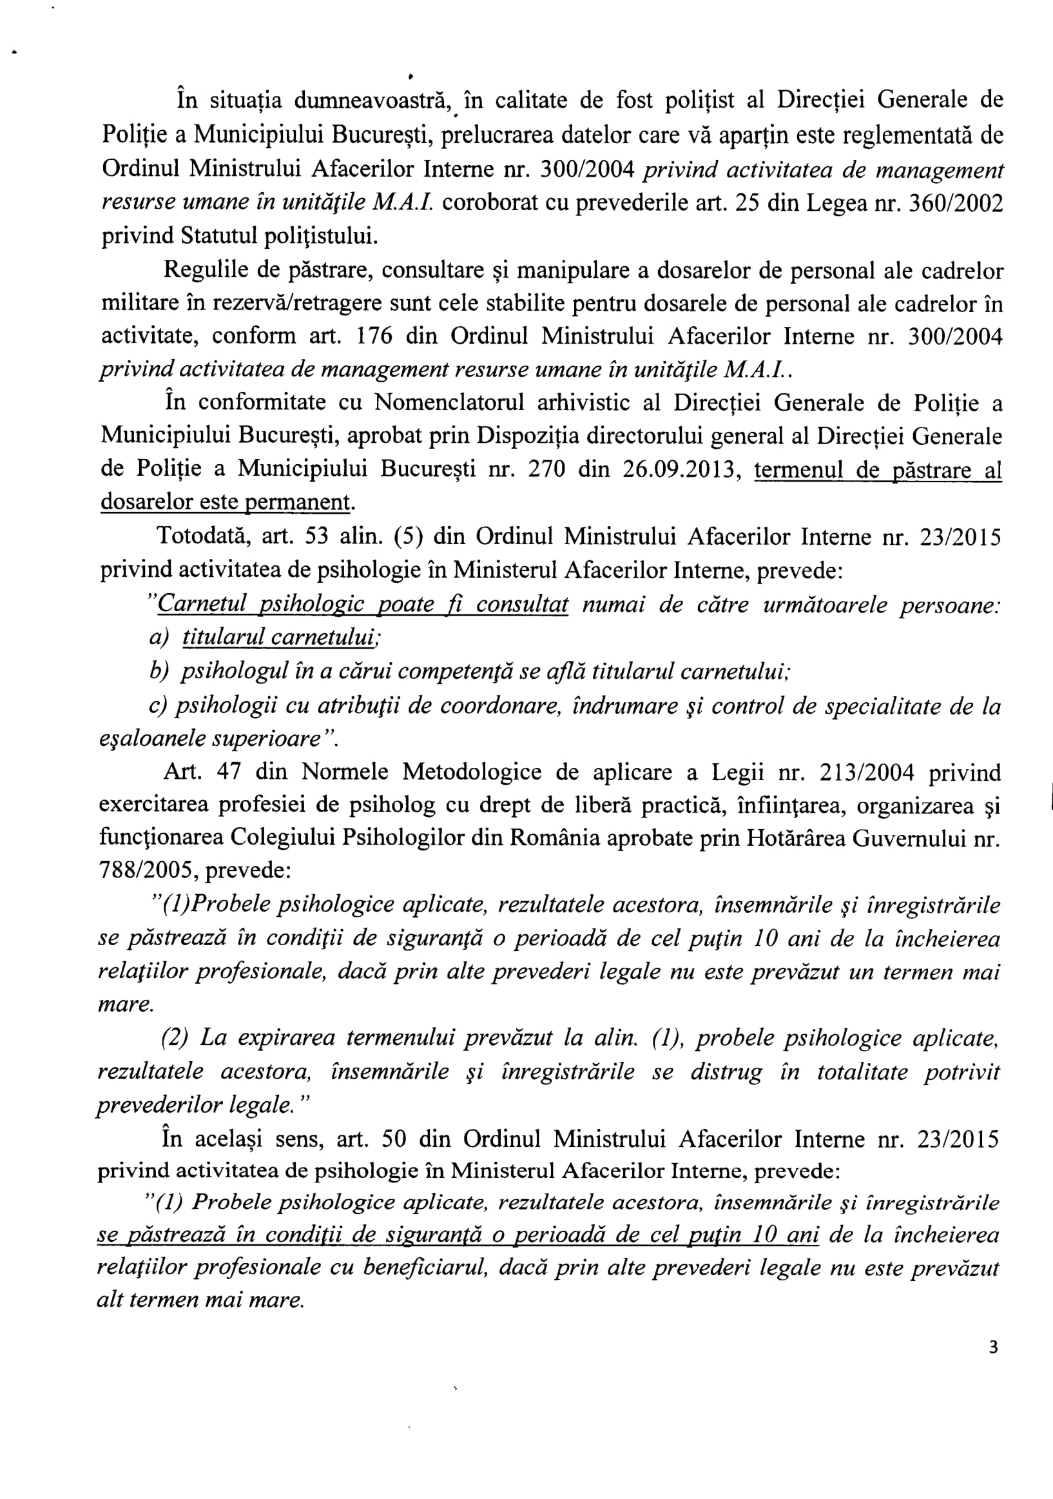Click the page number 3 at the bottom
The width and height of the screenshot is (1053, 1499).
pos(993,1347)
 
